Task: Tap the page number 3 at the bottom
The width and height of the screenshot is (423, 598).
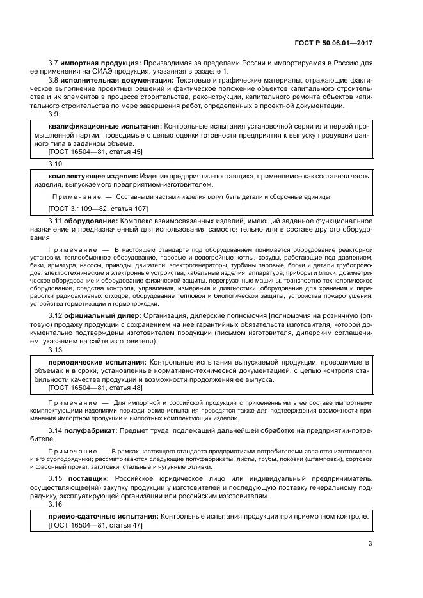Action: pyautogui.click(x=370, y=544)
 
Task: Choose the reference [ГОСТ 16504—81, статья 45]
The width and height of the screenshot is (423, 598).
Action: pyautogui.click(x=95, y=152)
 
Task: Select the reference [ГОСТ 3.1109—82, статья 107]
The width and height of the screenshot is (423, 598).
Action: pyautogui.click(x=98, y=209)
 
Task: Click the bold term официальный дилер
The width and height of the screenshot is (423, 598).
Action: pyautogui.click(x=101, y=316)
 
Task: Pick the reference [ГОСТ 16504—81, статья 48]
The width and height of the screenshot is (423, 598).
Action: pyautogui.click(x=95, y=388)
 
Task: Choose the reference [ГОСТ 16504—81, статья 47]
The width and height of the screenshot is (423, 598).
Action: pyautogui.click(x=95, y=524)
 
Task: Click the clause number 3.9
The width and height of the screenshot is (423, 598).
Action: pyautogui.click(x=54, y=114)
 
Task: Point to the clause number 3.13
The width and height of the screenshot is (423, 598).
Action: pyautogui.click(x=56, y=350)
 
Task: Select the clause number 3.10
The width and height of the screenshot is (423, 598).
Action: pyautogui.click(x=56, y=163)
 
